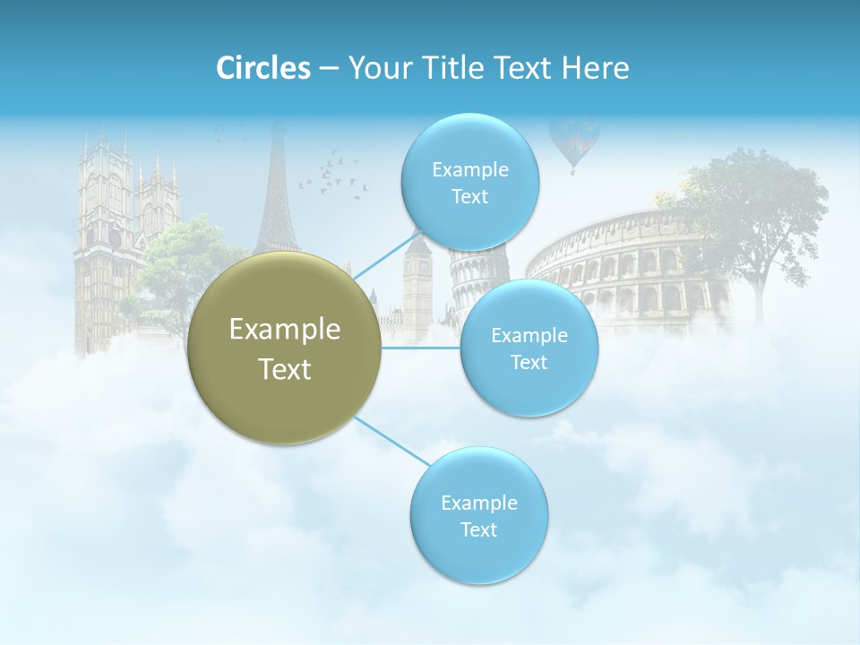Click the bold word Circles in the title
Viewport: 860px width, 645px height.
262,68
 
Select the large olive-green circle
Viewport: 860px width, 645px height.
284,348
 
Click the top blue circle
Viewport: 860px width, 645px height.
469,182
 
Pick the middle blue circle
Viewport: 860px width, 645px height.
529,348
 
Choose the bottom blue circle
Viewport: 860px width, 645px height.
478,515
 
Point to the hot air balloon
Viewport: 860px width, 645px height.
573,142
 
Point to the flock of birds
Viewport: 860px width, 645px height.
331,176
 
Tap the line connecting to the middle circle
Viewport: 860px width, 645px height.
421,348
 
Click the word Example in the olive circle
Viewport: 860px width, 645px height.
284,330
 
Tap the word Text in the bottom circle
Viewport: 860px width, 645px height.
478,529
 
